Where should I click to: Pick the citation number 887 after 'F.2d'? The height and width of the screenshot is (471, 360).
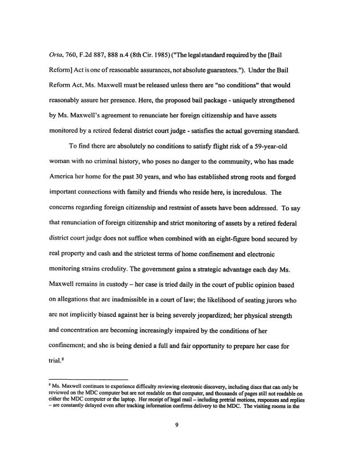(x=115, y=57)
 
